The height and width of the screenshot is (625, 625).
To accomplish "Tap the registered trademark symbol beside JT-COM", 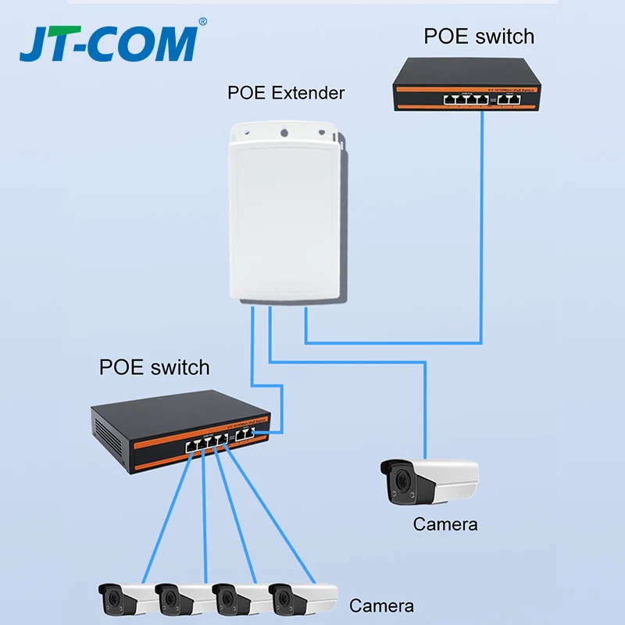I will tap(203, 22).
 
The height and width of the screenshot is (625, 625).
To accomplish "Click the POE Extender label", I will tap(286, 93).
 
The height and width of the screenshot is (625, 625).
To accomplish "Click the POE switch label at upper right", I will tap(479, 37).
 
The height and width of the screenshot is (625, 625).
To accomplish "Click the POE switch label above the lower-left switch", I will tap(155, 367).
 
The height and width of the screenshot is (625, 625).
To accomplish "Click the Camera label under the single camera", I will tap(445, 523).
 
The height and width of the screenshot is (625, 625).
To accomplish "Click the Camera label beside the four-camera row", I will tap(381, 605).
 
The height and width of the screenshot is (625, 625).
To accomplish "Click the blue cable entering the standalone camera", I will tap(425, 414).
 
